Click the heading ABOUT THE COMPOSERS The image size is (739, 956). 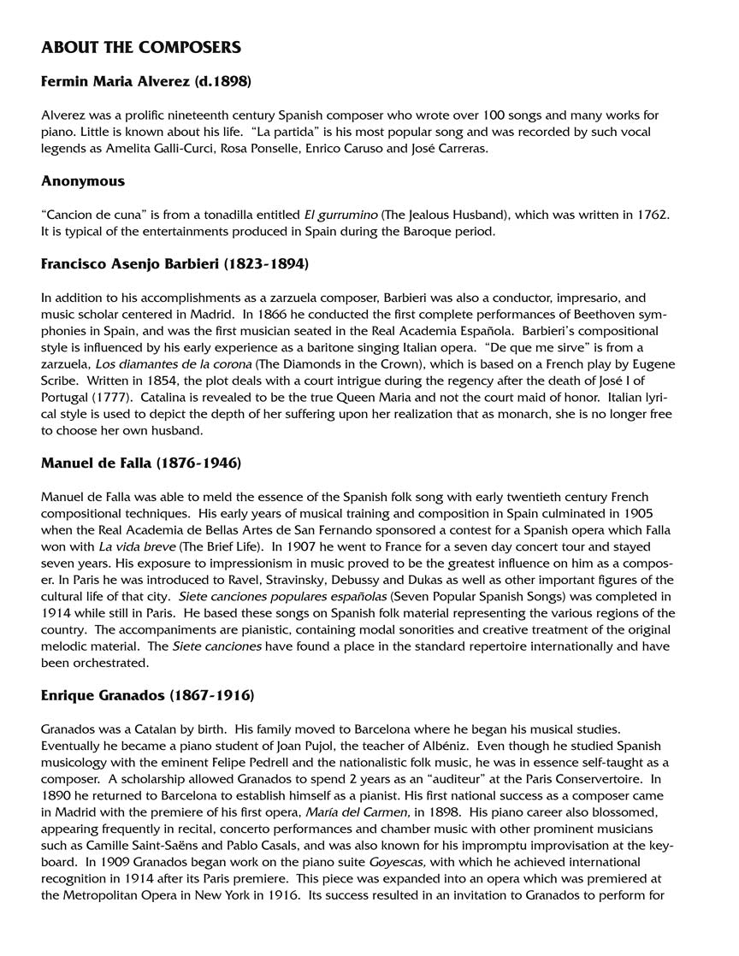point(141,47)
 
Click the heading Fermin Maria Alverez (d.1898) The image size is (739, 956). point(145,83)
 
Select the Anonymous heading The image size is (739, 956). point(83,180)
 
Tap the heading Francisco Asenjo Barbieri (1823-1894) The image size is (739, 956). point(174,264)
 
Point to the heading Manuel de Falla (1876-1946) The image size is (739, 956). point(141,463)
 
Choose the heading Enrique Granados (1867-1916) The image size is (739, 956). point(147,695)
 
